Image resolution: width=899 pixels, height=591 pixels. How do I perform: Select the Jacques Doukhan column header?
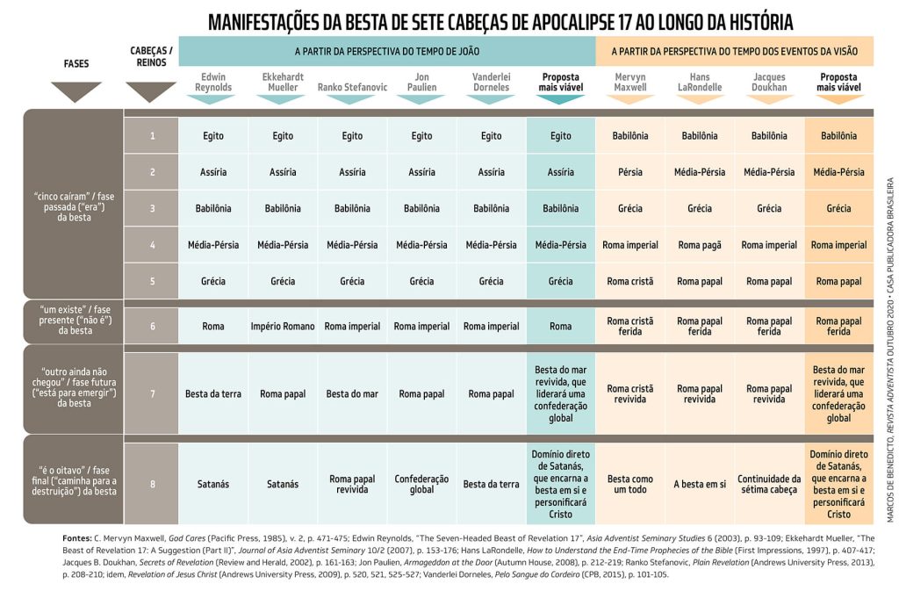coord(769,82)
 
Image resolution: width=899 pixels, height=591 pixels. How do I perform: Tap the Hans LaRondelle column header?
coord(700,82)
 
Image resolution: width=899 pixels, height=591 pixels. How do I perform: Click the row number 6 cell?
coord(152,326)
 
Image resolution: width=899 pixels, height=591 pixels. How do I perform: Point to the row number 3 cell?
coord(152,208)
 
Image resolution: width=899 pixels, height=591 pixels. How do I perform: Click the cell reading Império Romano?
coord(283,326)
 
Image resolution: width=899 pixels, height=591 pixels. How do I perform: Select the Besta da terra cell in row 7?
coord(212,393)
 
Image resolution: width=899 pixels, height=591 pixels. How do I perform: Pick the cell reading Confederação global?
coord(421,484)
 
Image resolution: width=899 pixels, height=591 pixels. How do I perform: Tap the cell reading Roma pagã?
coord(700,245)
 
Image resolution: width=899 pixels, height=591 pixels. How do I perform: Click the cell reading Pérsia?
coord(630,172)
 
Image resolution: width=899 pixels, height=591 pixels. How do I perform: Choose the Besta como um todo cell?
coord(630,484)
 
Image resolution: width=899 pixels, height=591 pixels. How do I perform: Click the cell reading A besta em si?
coord(700,484)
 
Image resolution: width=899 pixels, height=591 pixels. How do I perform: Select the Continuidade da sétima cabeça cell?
coord(769,484)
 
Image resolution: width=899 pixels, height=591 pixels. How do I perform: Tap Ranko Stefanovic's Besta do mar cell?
coord(352,393)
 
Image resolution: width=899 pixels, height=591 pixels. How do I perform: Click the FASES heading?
coord(76,64)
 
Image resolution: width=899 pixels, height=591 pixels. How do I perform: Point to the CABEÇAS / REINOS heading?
coord(151,57)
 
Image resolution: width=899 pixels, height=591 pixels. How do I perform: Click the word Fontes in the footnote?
coord(79,537)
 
